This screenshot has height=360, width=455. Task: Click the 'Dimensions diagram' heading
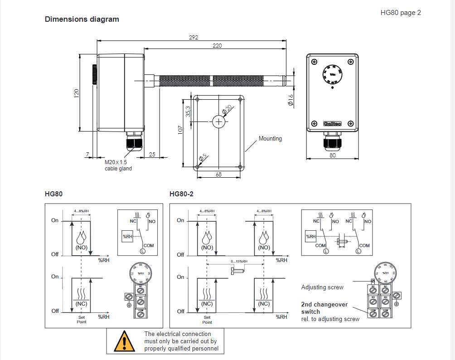tap(82, 19)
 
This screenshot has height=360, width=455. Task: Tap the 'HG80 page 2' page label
tap(401, 13)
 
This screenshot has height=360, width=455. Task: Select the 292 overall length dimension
tap(194, 37)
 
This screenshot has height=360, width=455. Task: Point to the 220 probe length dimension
tap(218, 45)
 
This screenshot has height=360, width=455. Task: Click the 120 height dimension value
tap(77, 93)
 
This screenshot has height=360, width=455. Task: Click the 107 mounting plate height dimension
tap(180, 130)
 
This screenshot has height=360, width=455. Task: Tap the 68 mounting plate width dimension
tap(219, 175)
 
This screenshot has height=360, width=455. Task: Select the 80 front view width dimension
tap(333, 156)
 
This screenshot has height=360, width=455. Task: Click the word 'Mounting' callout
tap(270, 139)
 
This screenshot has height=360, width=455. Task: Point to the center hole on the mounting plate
tap(219, 121)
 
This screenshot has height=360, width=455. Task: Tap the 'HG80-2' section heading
tap(181, 194)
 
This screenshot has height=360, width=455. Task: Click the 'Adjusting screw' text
tap(322, 287)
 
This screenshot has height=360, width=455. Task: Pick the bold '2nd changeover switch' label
tap(324, 308)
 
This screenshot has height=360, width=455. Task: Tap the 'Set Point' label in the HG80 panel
tap(81, 320)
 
